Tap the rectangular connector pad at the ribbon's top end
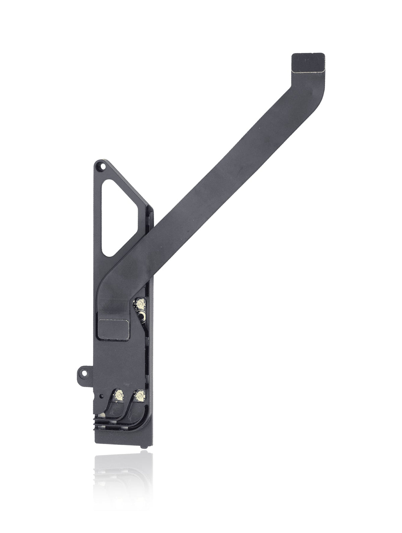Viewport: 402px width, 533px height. (309, 62)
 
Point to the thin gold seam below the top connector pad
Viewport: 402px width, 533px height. (309, 71)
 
